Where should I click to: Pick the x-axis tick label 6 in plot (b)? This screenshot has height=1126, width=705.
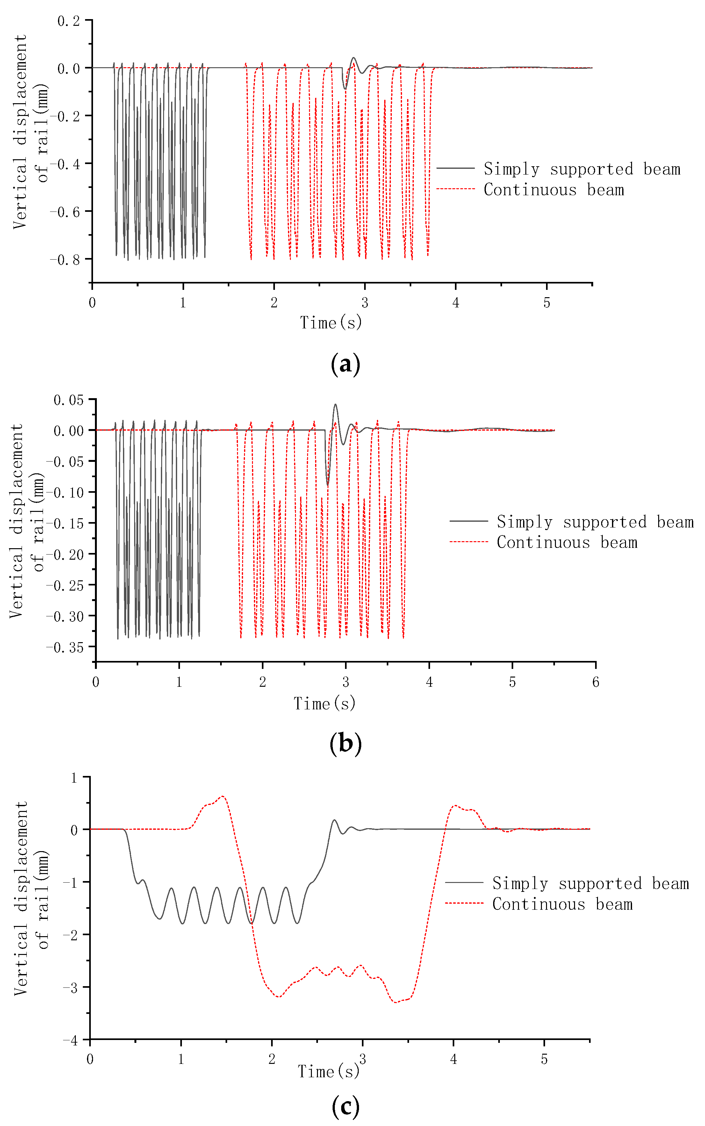[x=595, y=682]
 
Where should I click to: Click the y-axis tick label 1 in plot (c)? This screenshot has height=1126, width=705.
[x=74, y=778]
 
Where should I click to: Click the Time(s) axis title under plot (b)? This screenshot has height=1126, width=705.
[x=325, y=703]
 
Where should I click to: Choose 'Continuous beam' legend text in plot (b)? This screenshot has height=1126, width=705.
[x=566, y=542]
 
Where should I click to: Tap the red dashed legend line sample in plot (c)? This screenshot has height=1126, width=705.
[x=464, y=903]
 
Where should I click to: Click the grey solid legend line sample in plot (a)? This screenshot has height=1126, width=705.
[x=456, y=168]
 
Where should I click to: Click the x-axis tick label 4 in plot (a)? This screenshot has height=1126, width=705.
[x=456, y=303]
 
